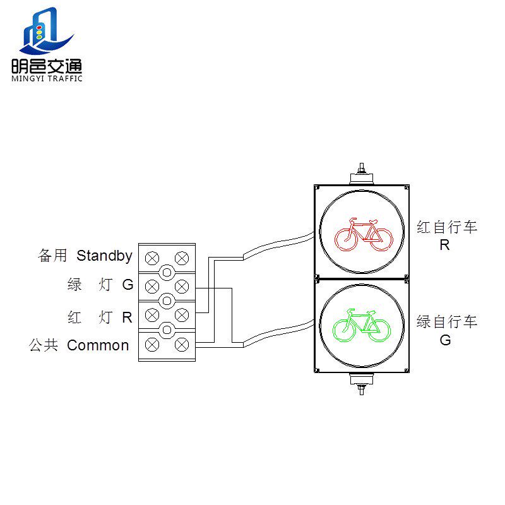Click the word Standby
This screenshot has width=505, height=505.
[104, 256]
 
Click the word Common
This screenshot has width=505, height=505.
[98, 345]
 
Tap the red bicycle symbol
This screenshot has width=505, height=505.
[364, 235]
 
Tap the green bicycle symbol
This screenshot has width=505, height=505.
[361, 325]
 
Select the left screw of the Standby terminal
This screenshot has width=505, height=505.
[152, 258]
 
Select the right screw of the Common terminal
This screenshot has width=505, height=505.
[182, 345]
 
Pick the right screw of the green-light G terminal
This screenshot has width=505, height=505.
[182, 287]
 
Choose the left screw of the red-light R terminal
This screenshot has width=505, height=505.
[152, 315]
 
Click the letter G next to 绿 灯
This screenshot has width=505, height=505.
[128, 285]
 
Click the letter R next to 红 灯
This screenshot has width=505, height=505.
[128, 318]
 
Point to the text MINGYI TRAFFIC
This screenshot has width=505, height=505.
[47, 78]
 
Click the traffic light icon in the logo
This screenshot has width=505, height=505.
[39, 32]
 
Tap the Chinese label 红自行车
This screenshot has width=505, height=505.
[447, 227]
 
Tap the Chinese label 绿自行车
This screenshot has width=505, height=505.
[447, 322]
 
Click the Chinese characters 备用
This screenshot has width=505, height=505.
[52, 256]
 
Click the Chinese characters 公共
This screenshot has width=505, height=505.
[44, 345]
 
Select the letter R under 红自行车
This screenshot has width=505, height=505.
[445, 245]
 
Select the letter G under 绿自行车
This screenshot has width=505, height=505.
[446, 340]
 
